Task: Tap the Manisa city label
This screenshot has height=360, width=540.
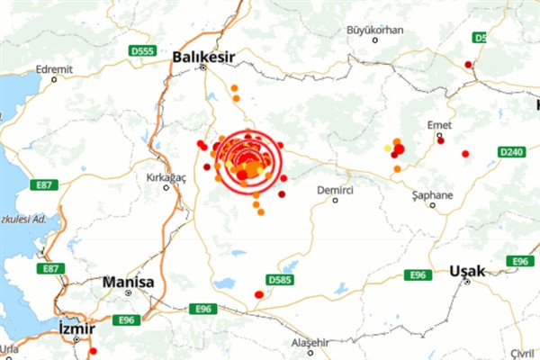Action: click(x=128, y=282)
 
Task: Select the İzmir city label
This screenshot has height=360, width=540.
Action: click(x=76, y=328)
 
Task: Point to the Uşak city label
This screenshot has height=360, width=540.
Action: click(x=467, y=270)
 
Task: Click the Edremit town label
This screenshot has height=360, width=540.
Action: click(x=52, y=68)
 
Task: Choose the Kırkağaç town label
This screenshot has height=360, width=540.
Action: click(x=165, y=177)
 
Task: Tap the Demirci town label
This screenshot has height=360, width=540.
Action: click(x=334, y=191)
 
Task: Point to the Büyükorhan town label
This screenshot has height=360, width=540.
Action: click(x=373, y=30)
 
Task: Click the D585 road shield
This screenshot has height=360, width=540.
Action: click(x=280, y=279)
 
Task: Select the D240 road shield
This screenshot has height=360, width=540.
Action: click(x=512, y=153)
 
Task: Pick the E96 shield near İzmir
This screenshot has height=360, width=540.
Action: click(x=126, y=319)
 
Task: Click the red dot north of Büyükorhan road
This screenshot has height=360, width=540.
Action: click(x=468, y=64)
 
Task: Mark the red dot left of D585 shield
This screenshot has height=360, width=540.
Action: click(x=258, y=294)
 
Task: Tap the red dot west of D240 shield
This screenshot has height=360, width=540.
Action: click(x=465, y=154)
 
